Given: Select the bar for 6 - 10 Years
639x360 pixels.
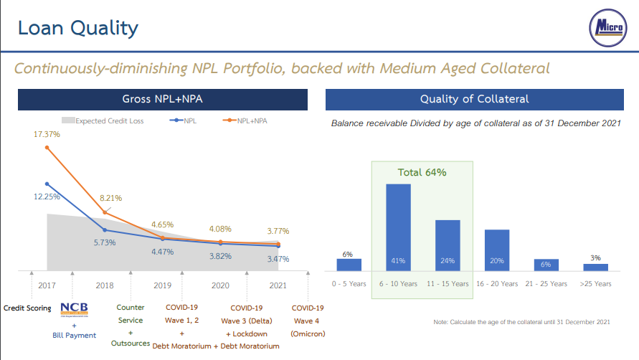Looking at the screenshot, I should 398,227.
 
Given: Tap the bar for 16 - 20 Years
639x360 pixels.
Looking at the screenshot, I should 497,250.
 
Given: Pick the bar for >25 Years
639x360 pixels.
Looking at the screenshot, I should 595,267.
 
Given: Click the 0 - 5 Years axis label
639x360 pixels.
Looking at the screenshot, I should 349,284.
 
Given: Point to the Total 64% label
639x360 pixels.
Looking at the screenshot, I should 422,173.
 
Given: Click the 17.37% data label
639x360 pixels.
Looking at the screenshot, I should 47,135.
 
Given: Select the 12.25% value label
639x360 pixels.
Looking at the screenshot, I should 47,196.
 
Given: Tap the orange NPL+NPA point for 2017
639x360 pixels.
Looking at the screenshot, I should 47,148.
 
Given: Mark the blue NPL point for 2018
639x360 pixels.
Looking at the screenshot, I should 105,230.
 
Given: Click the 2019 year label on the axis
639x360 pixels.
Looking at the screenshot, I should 163,285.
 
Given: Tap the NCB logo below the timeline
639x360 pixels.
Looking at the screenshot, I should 74,309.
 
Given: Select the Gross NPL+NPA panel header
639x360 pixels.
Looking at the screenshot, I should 163,99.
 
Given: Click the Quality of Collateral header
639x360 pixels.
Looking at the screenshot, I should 474,99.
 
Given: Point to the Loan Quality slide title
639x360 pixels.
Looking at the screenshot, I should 77,29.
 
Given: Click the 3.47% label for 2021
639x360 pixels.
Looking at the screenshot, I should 278,259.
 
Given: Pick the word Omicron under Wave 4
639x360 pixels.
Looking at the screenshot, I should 308,334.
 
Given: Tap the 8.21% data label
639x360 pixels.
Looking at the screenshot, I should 110,198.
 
